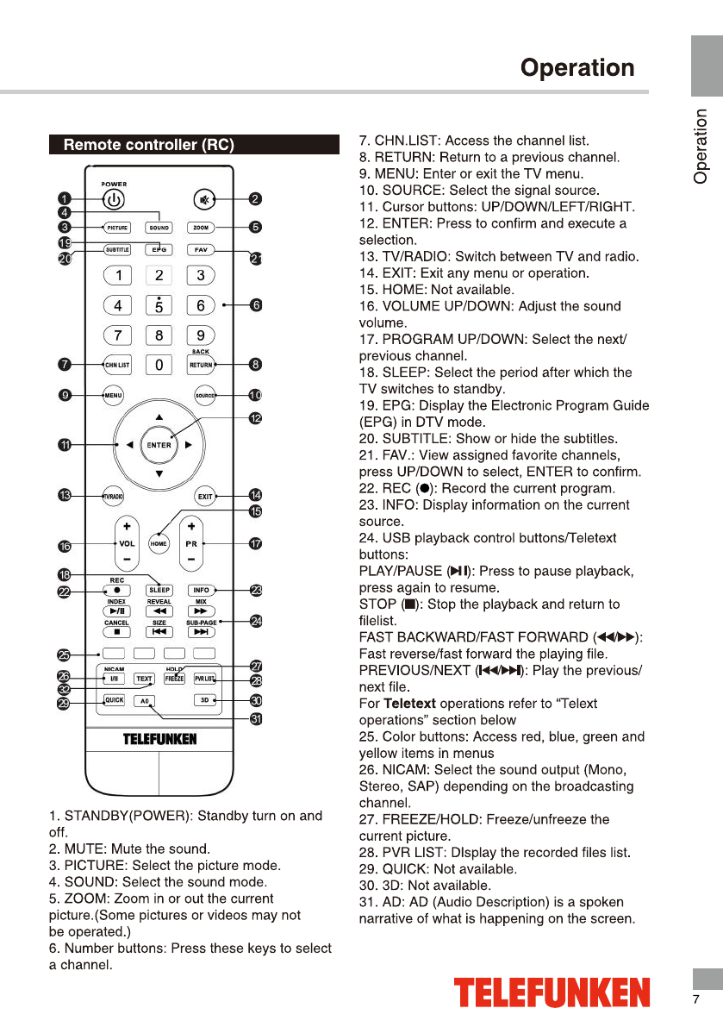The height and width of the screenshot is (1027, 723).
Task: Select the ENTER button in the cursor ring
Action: click(x=159, y=445)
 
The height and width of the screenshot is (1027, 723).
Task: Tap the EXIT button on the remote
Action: click(x=205, y=496)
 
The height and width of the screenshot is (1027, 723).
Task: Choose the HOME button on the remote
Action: click(x=159, y=544)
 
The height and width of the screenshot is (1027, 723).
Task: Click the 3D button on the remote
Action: click(x=205, y=700)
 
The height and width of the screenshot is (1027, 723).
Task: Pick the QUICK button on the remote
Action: click(x=115, y=700)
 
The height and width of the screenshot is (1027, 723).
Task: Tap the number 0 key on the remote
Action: click(x=159, y=365)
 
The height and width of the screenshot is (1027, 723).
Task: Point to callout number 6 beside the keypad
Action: click(x=256, y=304)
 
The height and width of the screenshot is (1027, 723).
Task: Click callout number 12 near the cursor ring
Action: click(x=256, y=418)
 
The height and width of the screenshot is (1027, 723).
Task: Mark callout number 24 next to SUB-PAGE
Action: click(x=256, y=621)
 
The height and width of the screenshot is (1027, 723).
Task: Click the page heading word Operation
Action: click(x=577, y=68)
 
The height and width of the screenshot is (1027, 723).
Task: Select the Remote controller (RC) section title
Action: click(x=149, y=145)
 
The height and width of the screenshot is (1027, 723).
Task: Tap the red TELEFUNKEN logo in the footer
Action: click(x=552, y=993)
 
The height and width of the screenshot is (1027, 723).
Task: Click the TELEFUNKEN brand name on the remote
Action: click(x=159, y=739)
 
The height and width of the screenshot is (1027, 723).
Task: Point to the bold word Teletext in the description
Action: click(x=409, y=704)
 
